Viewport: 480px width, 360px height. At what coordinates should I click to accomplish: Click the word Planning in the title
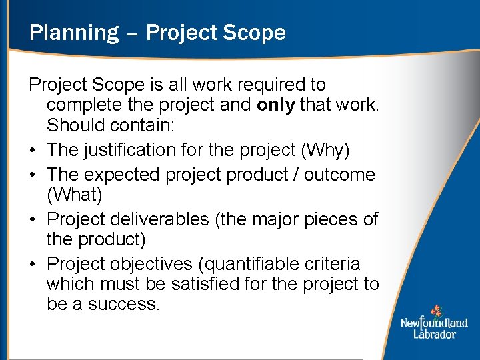pos(73,33)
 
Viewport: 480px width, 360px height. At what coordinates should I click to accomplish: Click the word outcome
pos(339,174)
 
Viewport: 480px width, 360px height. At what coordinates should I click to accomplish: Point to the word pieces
pos(329,219)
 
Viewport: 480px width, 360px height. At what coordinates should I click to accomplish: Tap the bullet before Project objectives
pos(33,263)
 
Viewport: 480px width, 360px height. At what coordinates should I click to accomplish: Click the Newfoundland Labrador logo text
pos(434,329)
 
